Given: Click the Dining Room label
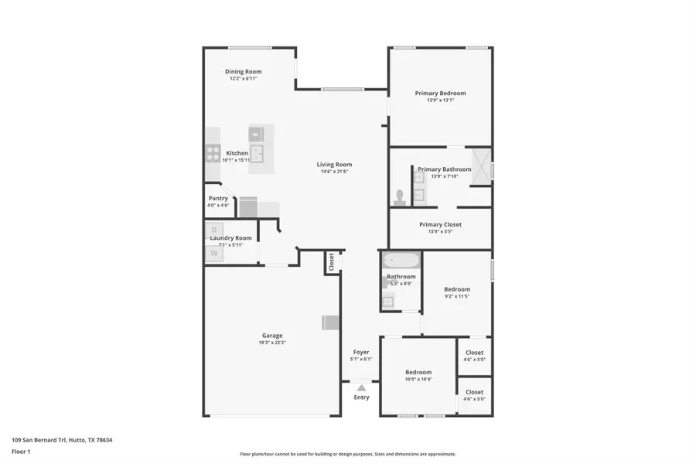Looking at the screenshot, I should click(243, 72).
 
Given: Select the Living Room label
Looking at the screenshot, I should click(334, 164).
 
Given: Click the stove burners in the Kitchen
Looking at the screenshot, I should click(212, 153).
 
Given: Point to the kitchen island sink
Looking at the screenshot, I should click(258, 152).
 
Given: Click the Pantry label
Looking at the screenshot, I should click(218, 198).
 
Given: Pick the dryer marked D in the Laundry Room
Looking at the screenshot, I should click(215, 229).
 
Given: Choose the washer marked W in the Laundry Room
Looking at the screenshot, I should click(214, 253).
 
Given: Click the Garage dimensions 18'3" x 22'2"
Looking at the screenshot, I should click(271, 343).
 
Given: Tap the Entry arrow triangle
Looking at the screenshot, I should click(361, 387).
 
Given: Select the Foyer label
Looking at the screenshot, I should click(361, 352).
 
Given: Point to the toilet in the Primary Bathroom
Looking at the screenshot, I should click(401, 196).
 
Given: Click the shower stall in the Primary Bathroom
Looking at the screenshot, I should click(481, 165).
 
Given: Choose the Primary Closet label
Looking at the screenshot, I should click(440, 224).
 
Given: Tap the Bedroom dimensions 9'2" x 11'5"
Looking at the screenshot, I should click(457, 296).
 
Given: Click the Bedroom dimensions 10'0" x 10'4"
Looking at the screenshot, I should click(418, 379).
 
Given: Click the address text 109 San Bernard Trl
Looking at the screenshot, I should click(39, 440).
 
